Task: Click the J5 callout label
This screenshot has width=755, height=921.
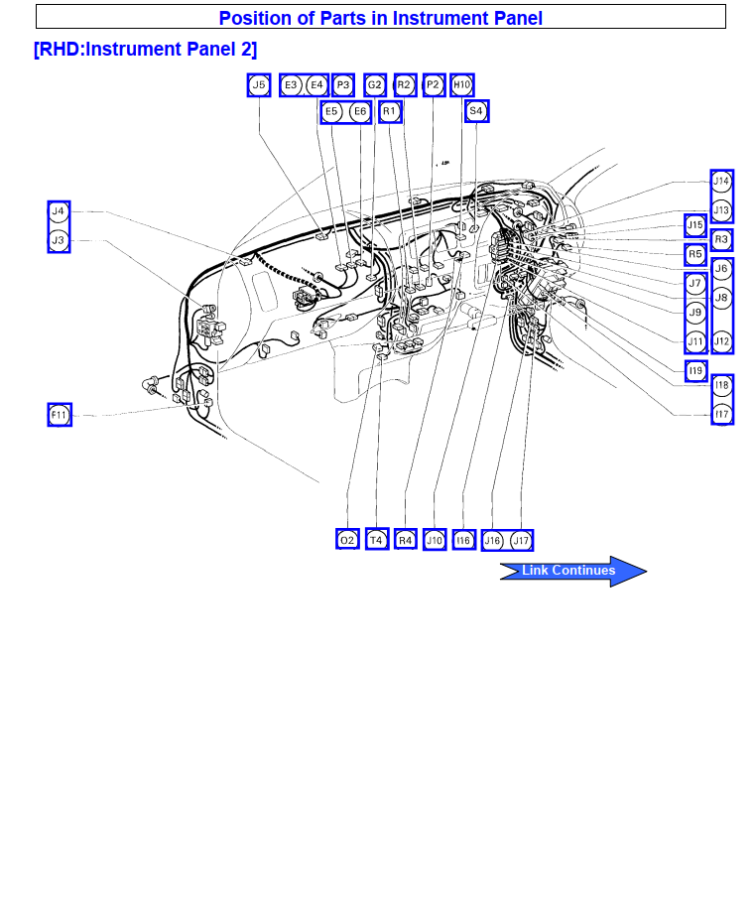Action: click(x=259, y=85)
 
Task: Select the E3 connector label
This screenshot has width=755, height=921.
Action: click(x=292, y=85)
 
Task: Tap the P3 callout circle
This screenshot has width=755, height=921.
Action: click(x=343, y=85)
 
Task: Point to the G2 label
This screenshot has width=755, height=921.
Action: click(x=375, y=85)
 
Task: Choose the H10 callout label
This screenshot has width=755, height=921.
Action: click(x=462, y=85)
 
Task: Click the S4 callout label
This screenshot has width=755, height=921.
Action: click(x=477, y=111)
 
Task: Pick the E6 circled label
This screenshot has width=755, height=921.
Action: click(x=360, y=111)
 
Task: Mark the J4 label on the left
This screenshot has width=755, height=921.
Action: click(x=59, y=211)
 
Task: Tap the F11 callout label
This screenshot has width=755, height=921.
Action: click(x=60, y=415)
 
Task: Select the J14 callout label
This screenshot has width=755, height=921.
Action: click(x=721, y=181)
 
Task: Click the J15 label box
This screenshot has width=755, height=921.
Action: click(x=695, y=225)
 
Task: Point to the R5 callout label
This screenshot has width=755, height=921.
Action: click(x=695, y=254)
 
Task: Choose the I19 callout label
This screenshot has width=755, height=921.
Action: click(x=695, y=370)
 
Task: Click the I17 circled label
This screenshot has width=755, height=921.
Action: click(x=721, y=414)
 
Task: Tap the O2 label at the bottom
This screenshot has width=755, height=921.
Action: click(x=347, y=539)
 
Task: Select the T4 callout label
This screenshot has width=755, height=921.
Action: click(x=376, y=539)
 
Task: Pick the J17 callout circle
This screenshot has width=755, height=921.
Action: click(x=521, y=540)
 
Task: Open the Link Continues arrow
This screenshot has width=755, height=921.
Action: click(x=573, y=571)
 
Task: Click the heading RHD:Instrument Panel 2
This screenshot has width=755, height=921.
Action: click(x=145, y=50)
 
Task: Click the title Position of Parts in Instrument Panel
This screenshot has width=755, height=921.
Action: click(x=380, y=18)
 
